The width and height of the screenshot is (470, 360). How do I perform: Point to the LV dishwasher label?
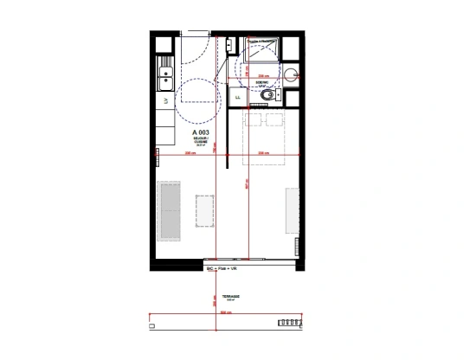(164, 101)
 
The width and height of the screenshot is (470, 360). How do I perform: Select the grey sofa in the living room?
(169, 210)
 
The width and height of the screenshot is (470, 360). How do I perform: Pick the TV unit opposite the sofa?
(292, 211)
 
